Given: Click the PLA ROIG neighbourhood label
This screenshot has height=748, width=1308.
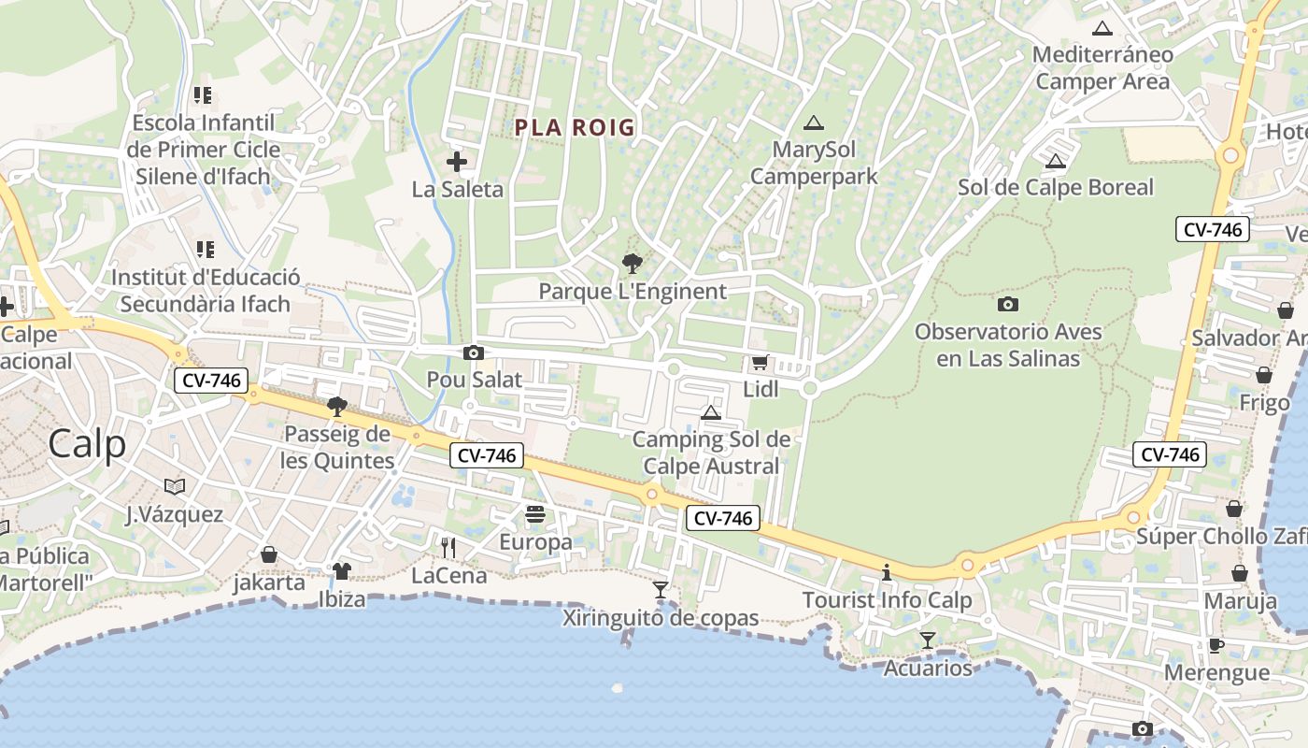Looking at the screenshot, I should [575, 127].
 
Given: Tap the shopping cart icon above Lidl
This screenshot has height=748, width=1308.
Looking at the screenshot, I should [760, 363].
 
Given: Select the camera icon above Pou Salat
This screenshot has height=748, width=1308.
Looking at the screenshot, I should [474, 352].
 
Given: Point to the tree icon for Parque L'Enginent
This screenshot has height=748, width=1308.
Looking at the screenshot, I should [633, 264].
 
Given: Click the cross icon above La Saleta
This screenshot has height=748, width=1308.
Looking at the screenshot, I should [457, 162].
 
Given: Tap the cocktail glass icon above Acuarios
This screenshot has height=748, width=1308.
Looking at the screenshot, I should [927, 640].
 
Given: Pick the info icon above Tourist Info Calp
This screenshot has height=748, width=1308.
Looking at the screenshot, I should [887, 571].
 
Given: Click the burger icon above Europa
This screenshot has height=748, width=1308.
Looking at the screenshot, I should [535, 514].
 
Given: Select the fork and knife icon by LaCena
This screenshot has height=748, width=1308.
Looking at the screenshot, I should [448, 547].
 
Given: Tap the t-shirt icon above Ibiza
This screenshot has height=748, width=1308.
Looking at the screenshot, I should [341, 570].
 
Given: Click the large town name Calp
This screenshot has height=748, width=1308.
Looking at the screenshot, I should [87, 443].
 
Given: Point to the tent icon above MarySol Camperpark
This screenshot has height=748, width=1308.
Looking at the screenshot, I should [814, 122].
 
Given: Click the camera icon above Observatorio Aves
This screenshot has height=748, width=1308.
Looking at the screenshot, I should [1008, 304].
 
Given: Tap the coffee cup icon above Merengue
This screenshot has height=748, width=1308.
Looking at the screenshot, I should [1216, 644].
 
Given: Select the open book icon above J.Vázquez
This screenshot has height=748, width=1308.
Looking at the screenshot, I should [175, 486].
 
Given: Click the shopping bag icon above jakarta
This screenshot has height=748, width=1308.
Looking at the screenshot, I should [269, 554].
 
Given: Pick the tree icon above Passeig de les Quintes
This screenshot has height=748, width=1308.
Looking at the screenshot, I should [337, 407].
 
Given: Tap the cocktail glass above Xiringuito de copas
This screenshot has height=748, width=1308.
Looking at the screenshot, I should [661, 589].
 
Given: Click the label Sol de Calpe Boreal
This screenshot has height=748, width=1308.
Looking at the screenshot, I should [1056, 187].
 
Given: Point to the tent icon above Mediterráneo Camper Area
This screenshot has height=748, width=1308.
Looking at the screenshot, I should [1102, 28].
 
